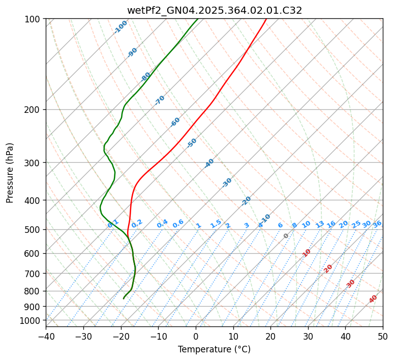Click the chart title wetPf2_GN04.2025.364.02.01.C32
[x=214, y=10]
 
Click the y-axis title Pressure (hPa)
[x=10, y=173]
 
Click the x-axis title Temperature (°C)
[x=214, y=349]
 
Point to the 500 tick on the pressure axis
[x=34, y=229]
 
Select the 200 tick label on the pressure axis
[x=34, y=109]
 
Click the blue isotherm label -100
[x=120, y=27]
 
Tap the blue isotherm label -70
[x=160, y=100]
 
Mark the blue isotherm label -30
[x=227, y=183]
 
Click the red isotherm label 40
[x=373, y=299]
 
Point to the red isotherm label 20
[x=328, y=268]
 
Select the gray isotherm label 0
[x=286, y=236]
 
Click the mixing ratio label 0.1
[x=113, y=223]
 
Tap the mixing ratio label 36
[x=377, y=224]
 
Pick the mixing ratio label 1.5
[x=216, y=223]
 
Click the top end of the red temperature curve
[x=266, y=19]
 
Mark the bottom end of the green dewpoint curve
[x=124, y=298]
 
